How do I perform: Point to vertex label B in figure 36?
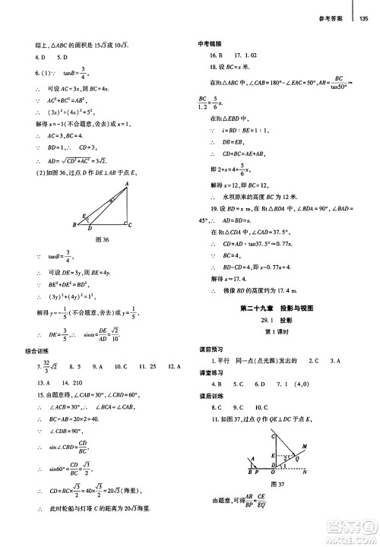[x=74, y=225]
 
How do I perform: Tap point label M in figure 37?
[x=306, y=447]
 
